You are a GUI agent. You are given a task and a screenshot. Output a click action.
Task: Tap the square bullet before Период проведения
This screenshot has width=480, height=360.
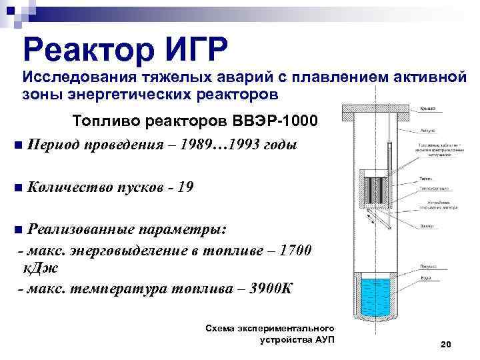pyautogui.click(x=17, y=146)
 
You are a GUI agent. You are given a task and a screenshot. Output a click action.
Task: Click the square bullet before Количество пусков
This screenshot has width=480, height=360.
pyautogui.click(x=17, y=188)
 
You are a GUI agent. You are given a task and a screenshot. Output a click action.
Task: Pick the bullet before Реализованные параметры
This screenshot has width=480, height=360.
pyautogui.click(x=17, y=230)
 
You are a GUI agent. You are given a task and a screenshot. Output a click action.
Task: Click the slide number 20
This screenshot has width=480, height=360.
pyautogui.click(x=446, y=344)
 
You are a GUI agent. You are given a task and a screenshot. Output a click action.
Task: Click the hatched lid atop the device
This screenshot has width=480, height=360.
pyautogui.click(x=375, y=112)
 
